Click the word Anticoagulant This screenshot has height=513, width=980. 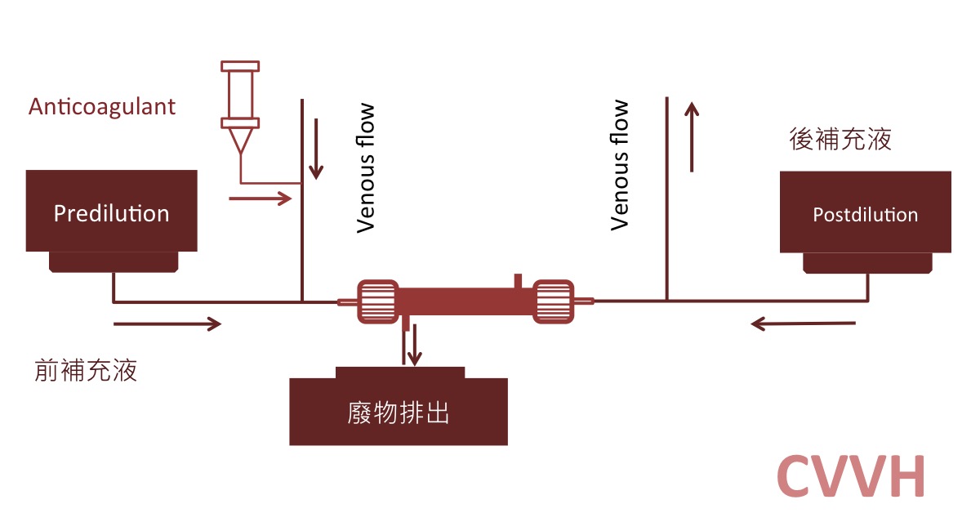(102, 107)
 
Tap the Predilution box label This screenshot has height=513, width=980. (111, 214)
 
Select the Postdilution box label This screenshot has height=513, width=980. (865, 215)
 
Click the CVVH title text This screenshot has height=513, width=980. (851, 475)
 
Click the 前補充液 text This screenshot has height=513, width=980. (86, 371)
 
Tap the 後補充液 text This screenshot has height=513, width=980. (840, 139)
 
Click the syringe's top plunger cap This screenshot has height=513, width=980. (240, 65)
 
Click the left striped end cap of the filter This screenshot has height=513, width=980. (377, 301)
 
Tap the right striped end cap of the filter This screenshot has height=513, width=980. (555, 301)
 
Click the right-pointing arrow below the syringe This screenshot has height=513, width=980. (261, 198)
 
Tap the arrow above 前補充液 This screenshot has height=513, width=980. (167, 324)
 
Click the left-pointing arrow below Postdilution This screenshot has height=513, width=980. (803, 324)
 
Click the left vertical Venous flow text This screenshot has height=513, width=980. (366, 167)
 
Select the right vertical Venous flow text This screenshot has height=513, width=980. (621, 165)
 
